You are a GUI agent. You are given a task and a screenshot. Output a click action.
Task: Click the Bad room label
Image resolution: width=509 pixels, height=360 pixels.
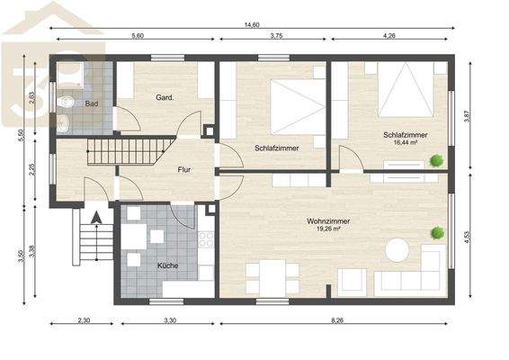pos(91,104)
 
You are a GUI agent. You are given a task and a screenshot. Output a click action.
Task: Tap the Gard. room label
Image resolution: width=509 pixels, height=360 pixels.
pos(165,97)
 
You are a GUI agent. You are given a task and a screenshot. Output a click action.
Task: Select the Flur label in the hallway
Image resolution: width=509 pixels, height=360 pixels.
pos(183,168)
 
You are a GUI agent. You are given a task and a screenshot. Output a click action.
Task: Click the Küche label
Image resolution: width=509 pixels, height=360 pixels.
pos(167,266)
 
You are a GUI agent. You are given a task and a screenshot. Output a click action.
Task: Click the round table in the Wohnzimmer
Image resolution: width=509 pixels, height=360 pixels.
pos(397,249)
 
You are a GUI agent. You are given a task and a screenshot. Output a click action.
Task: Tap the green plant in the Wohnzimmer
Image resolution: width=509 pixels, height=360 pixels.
pos(437,232)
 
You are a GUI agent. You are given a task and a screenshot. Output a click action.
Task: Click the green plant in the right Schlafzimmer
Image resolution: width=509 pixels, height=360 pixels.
pos(436,160)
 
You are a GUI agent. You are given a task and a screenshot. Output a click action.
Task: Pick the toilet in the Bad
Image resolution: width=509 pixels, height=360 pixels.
pos(66,101)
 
